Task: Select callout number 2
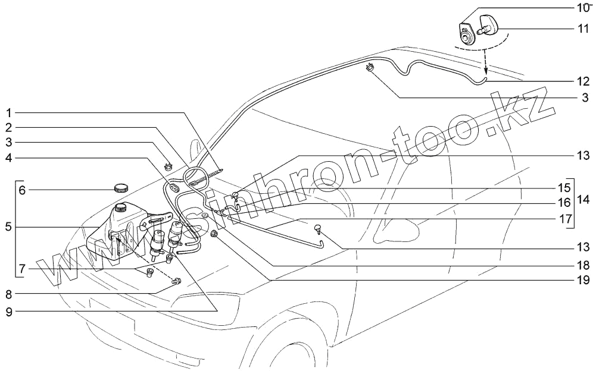tap(9, 127)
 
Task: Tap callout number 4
tap(9, 158)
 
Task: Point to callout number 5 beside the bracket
tap(8, 227)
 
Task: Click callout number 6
tap(22, 191)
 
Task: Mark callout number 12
tap(581, 81)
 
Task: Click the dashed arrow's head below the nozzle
tap(485, 70)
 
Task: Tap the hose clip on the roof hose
tap(370, 67)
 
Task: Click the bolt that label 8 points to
tap(177, 281)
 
